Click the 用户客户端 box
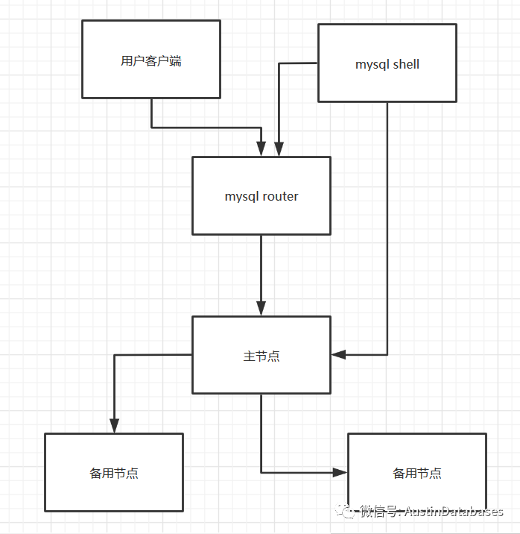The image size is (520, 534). (151, 60)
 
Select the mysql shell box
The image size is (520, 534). (387, 63)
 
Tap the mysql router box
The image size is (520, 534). (261, 195)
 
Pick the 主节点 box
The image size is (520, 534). (261, 355)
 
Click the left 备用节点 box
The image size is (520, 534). (113, 472)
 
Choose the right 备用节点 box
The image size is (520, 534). (416, 472)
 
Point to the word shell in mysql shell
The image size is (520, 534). (406, 64)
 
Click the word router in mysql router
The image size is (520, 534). (281, 196)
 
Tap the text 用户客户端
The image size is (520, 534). (151, 61)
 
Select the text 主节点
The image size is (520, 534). (261, 356)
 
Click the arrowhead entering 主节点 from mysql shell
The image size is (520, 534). (339, 354)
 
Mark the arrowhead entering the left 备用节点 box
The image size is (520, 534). (114, 426)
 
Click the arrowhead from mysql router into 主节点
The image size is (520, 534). (261, 308)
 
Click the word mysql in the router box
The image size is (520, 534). (242, 197)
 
